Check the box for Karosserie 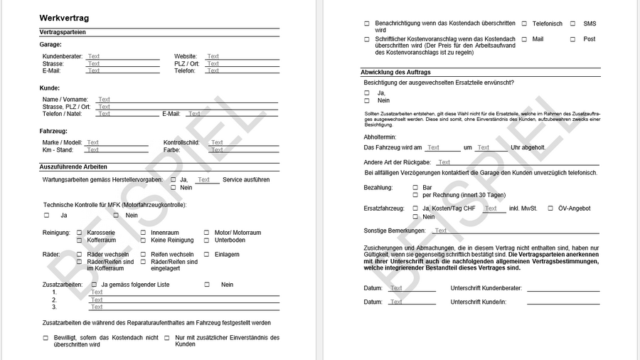pos(79,233)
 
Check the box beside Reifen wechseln pos(143,254)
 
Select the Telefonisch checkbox pos(524,23)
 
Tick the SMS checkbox pos(572,23)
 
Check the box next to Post pos(572,39)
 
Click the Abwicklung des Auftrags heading pos(395,73)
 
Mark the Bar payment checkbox pos(415,188)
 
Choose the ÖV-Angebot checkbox pos(550,208)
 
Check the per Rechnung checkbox pos(415,195)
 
